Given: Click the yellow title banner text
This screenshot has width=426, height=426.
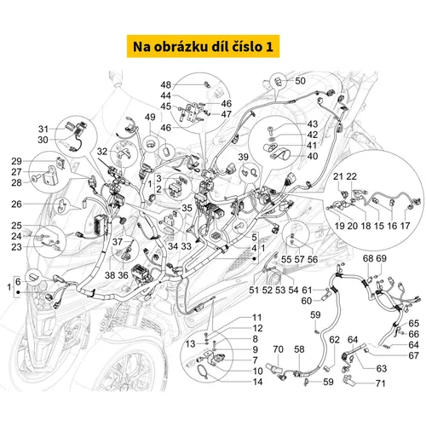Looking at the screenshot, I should coord(213,44).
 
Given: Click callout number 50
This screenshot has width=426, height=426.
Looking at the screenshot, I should coord(299,81).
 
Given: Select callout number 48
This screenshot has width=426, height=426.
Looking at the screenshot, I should coord(166,84).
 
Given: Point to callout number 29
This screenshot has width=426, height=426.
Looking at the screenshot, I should coord(38,161).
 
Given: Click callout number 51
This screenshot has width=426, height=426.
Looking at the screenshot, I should coord(252,291).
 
